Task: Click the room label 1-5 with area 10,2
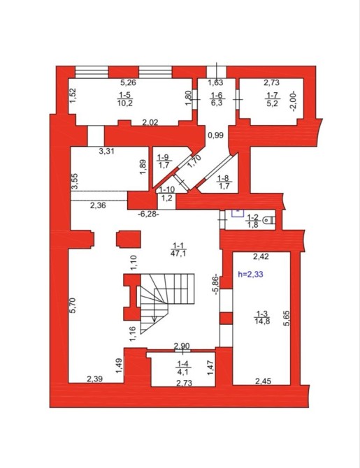[126, 99]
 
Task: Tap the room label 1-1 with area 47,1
[178, 249]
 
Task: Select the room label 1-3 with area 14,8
[262, 317]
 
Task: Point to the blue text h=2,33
[250, 274]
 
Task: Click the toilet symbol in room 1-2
[269, 220]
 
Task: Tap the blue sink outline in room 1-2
[238, 213]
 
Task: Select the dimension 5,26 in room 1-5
[128, 82]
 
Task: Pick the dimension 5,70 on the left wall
[74, 305]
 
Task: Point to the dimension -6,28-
[148, 214]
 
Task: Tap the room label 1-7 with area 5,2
[272, 99]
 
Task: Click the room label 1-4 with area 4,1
[183, 367]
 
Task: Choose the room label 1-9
[163, 161]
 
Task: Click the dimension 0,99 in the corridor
[216, 136]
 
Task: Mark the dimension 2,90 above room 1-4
[182, 346]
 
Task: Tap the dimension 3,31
[107, 151]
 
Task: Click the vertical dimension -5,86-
[217, 285]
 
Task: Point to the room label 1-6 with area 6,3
[217, 99]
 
